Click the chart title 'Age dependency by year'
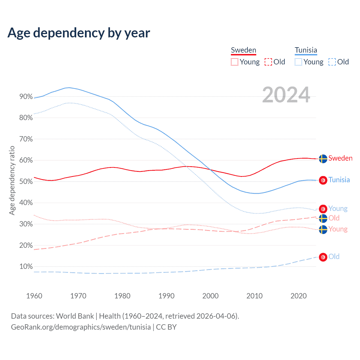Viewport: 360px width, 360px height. click(79, 33)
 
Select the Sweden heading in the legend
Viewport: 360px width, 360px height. click(244, 50)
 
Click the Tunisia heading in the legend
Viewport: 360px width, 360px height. click(306, 50)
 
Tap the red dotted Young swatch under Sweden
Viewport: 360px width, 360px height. click(235, 62)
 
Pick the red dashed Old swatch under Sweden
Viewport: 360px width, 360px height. click(268, 62)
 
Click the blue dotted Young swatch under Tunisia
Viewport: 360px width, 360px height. click(298, 62)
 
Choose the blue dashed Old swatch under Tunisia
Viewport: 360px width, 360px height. click(332, 62)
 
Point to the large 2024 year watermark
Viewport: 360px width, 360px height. click(286, 95)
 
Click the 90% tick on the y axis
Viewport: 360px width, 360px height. click(26, 97)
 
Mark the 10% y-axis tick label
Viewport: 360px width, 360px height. click(26, 267)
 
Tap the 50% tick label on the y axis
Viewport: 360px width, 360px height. click(26, 182)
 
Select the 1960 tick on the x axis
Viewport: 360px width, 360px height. click(34, 296)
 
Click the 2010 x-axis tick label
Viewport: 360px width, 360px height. click(255, 296)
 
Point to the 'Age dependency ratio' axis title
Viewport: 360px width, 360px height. click(12, 180)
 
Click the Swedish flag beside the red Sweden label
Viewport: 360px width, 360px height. click(323, 159)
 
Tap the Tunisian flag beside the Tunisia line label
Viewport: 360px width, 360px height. click(323, 180)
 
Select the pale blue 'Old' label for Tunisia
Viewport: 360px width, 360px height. click(334, 256)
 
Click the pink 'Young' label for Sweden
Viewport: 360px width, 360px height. click(338, 229)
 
